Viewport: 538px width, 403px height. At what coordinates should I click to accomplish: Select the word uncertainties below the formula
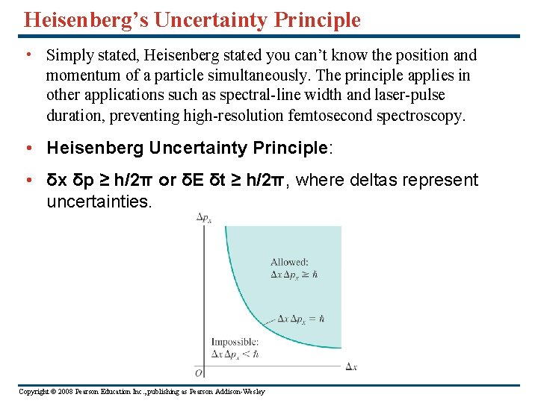click(x=99, y=201)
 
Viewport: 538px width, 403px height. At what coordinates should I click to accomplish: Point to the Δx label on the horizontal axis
click(x=351, y=366)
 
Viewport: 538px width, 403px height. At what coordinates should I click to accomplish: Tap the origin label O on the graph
click(x=198, y=372)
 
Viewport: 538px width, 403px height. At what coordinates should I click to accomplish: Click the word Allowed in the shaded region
click(x=289, y=262)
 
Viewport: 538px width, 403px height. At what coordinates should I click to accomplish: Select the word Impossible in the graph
click(x=235, y=343)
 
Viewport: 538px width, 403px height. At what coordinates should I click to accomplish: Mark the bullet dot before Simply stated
click(x=27, y=55)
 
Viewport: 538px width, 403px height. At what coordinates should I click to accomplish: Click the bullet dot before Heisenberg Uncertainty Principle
click(x=27, y=148)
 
